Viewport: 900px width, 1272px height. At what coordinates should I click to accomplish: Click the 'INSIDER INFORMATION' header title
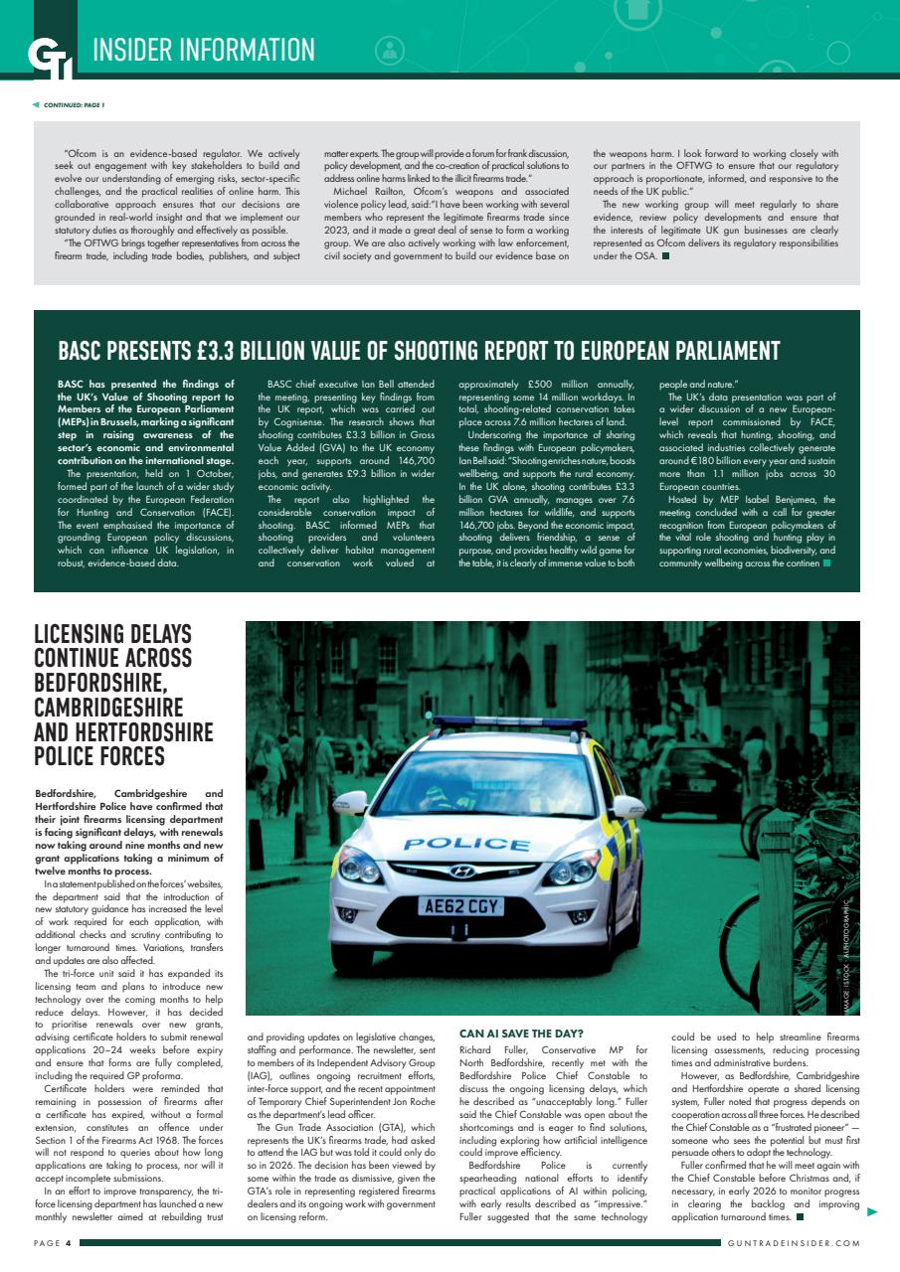point(204,49)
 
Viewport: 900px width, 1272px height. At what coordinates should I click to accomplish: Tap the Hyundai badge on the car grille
point(462,872)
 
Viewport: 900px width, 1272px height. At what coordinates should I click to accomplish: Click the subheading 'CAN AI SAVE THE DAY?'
point(521,1033)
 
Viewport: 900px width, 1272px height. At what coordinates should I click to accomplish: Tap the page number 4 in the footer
point(68,1243)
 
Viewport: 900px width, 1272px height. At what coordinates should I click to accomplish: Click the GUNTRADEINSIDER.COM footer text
point(793,1243)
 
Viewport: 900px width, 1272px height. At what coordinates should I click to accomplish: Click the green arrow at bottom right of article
point(872,1211)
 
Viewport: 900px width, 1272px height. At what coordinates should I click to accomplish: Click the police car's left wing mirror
point(351,802)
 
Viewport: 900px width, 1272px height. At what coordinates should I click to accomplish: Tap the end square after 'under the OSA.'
point(665,256)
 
